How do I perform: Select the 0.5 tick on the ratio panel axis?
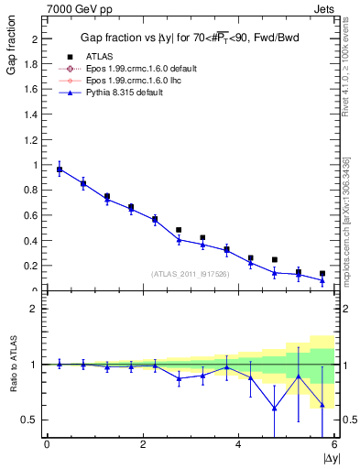coord(29,420)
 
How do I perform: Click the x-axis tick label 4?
coord(239,445)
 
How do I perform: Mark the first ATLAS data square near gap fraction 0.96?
coord(60,169)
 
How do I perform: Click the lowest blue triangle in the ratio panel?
coord(274,409)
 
